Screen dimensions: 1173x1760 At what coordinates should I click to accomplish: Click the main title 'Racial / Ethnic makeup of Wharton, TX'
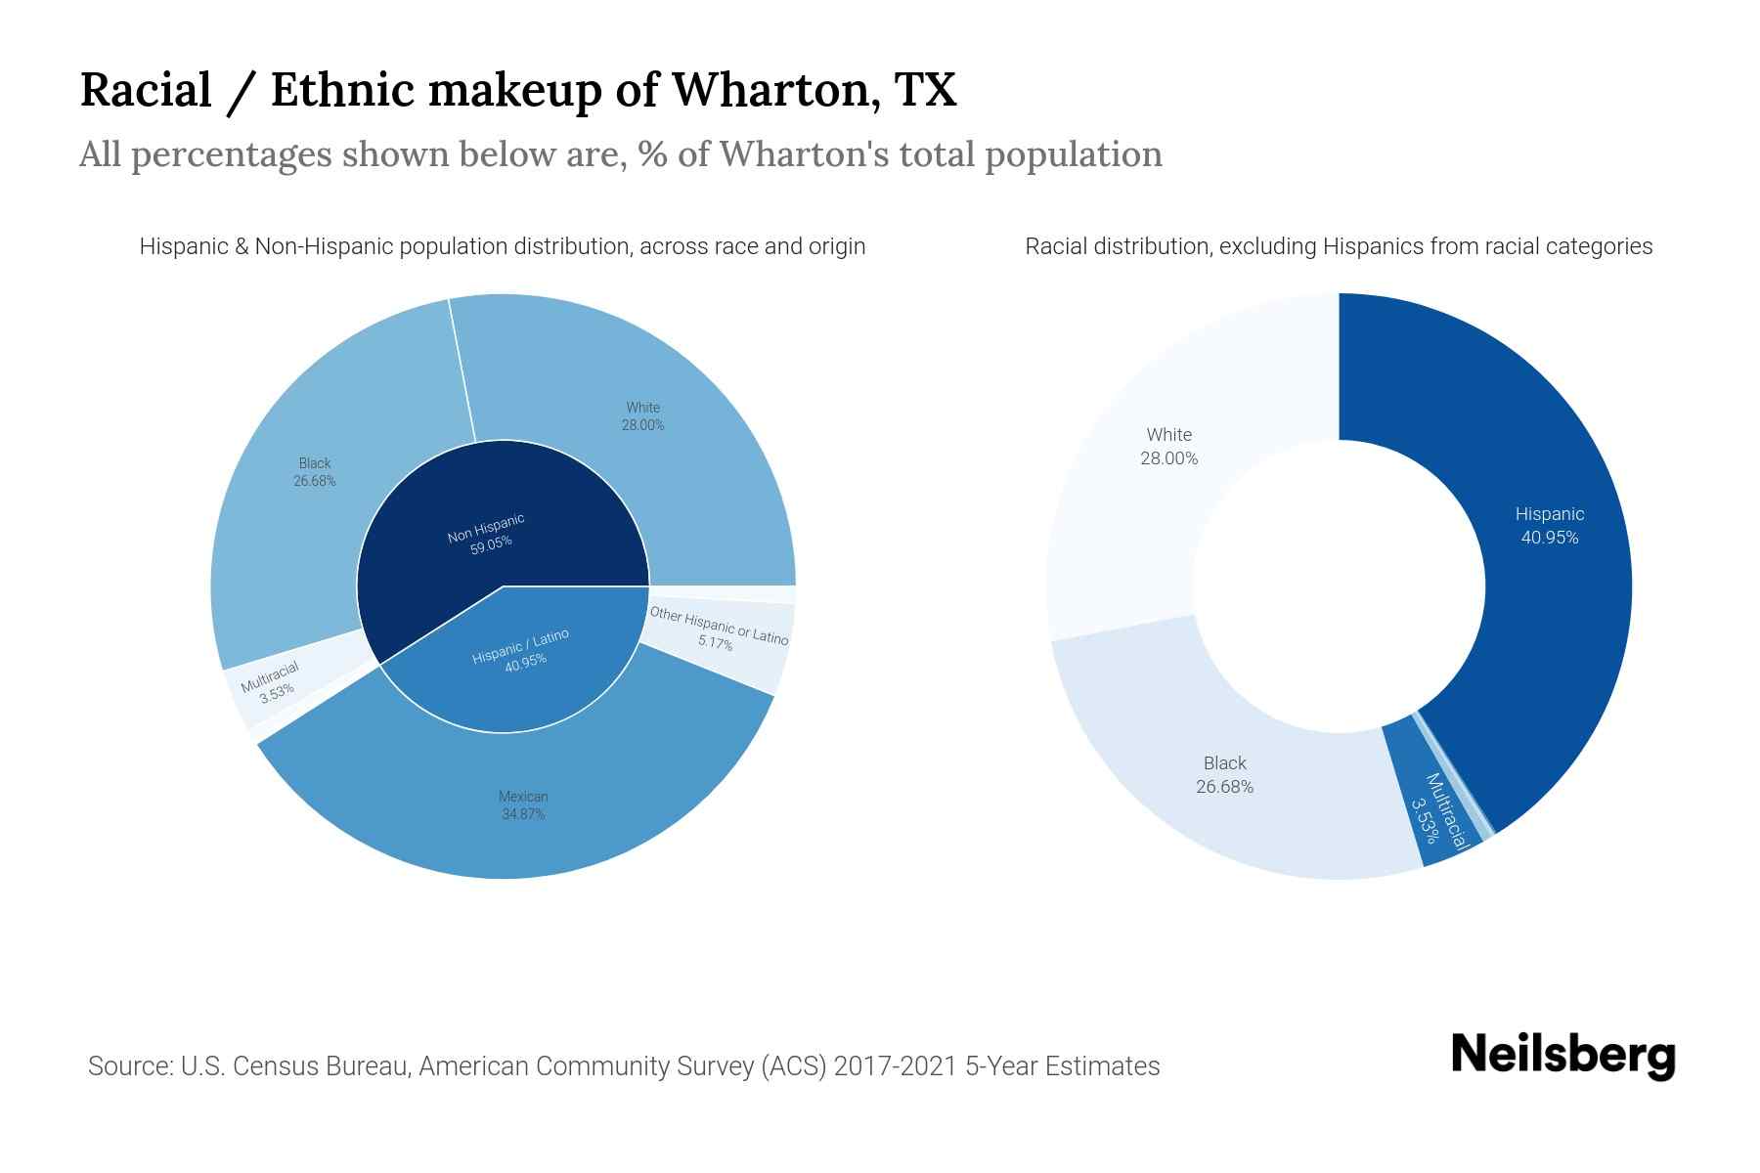click(x=517, y=90)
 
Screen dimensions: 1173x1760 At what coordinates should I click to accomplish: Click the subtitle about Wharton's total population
click(x=620, y=154)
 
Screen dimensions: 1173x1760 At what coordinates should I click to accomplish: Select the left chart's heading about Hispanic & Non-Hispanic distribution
click(x=502, y=246)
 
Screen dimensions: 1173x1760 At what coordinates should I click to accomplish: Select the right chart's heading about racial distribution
click(x=1338, y=246)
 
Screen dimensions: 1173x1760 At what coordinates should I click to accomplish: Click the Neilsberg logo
click(x=1562, y=1056)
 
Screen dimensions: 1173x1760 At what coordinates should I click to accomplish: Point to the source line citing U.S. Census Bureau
click(x=624, y=1065)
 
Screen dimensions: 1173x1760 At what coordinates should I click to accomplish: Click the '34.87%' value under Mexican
click(x=523, y=814)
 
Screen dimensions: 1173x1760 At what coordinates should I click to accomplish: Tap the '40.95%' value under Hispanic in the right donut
click(x=1549, y=538)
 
